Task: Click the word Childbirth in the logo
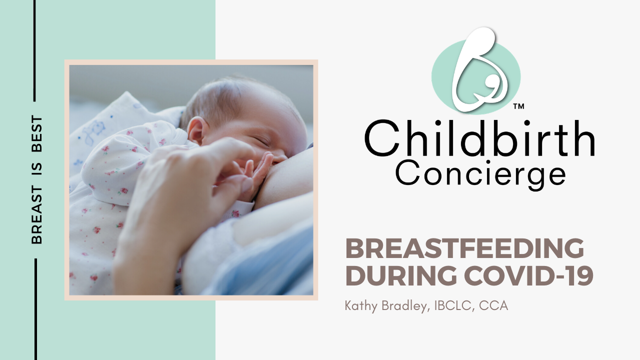click(479, 139)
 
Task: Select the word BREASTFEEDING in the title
click(464, 248)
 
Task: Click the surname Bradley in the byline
click(405, 305)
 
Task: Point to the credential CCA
click(493, 305)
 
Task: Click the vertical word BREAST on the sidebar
click(36, 215)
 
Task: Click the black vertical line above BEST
click(34, 50)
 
